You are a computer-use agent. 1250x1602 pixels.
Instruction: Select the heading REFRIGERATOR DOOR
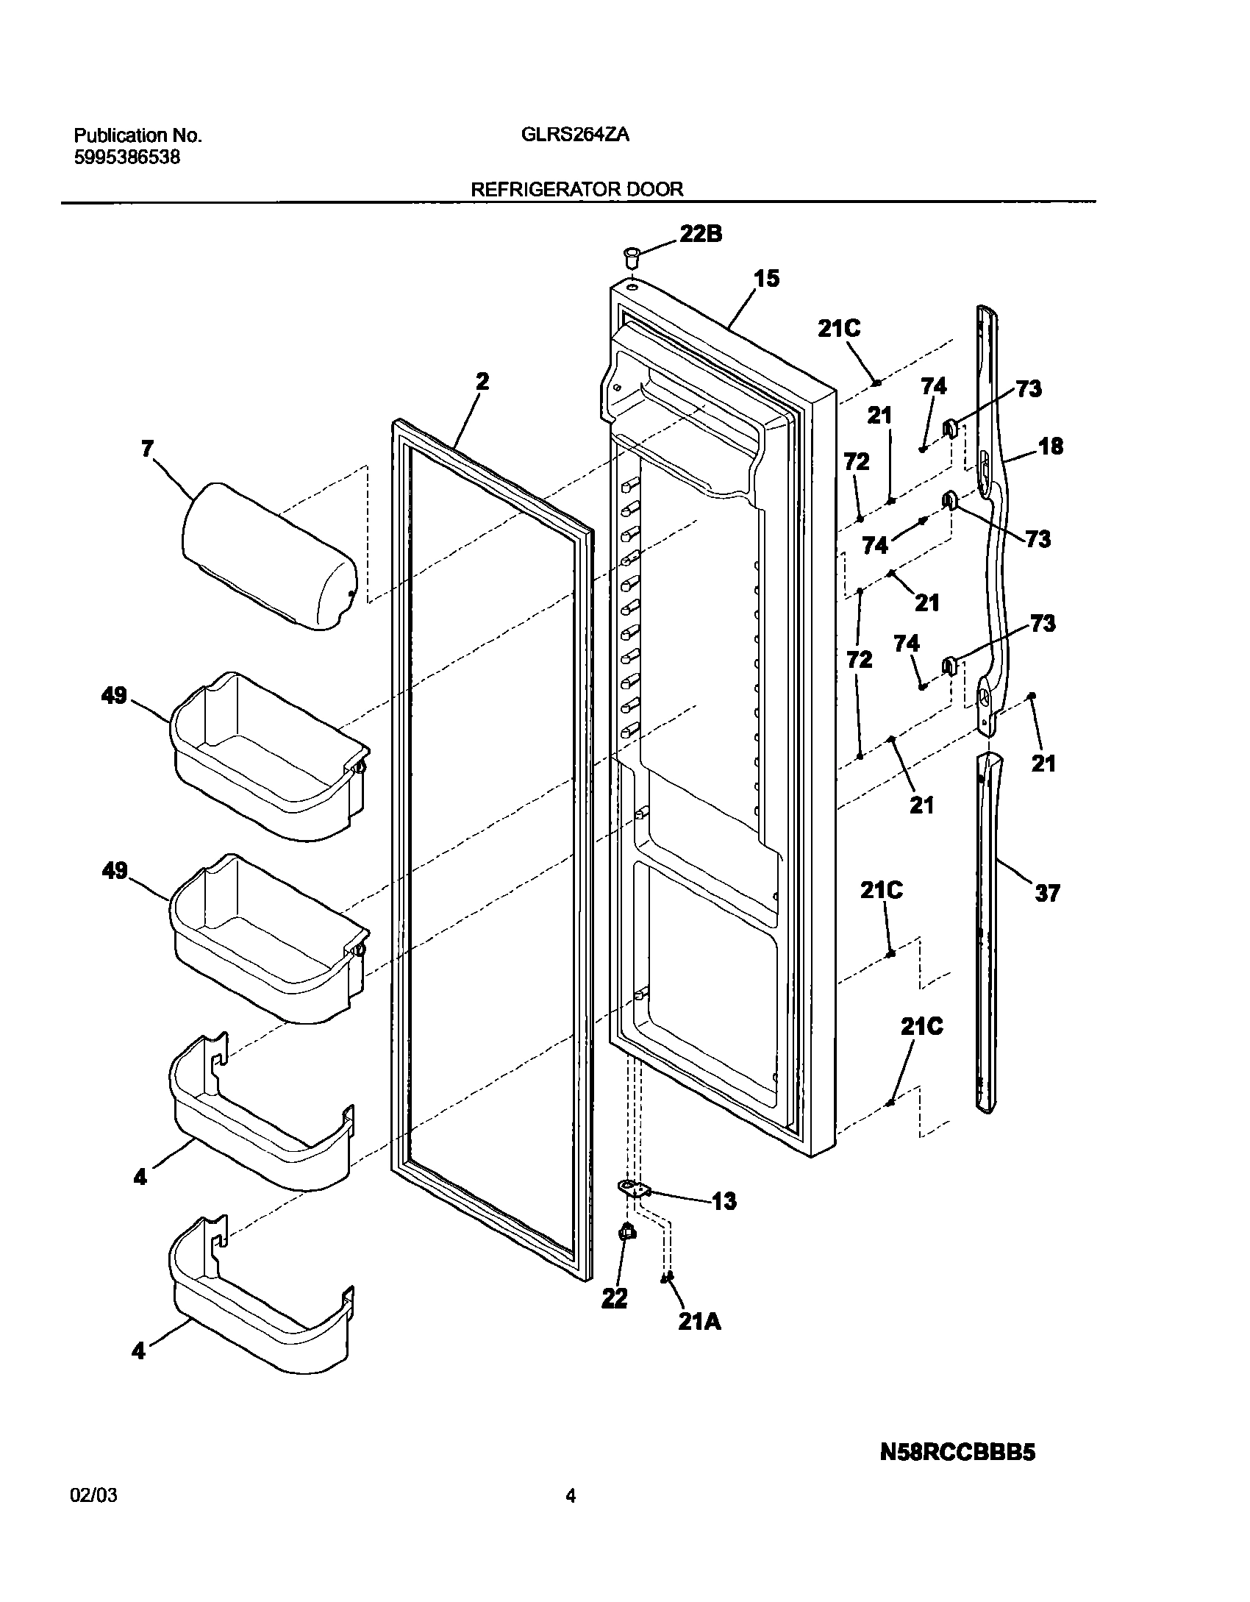(576, 189)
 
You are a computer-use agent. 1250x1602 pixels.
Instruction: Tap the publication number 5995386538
(126, 157)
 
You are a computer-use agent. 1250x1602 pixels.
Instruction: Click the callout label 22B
(700, 234)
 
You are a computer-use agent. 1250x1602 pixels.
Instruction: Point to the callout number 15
(765, 279)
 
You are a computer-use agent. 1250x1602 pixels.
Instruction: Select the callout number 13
(724, 1201)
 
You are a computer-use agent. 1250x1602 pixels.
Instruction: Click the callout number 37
(1047, 893)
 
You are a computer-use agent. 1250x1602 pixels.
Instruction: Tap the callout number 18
(1051, 446)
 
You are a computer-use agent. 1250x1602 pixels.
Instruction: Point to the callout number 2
(482, 382)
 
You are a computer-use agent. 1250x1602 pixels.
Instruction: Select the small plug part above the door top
(630, 257)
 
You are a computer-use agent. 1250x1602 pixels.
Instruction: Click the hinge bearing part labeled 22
(627, 1232)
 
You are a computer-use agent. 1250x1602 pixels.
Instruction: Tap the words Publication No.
(137, 135)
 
